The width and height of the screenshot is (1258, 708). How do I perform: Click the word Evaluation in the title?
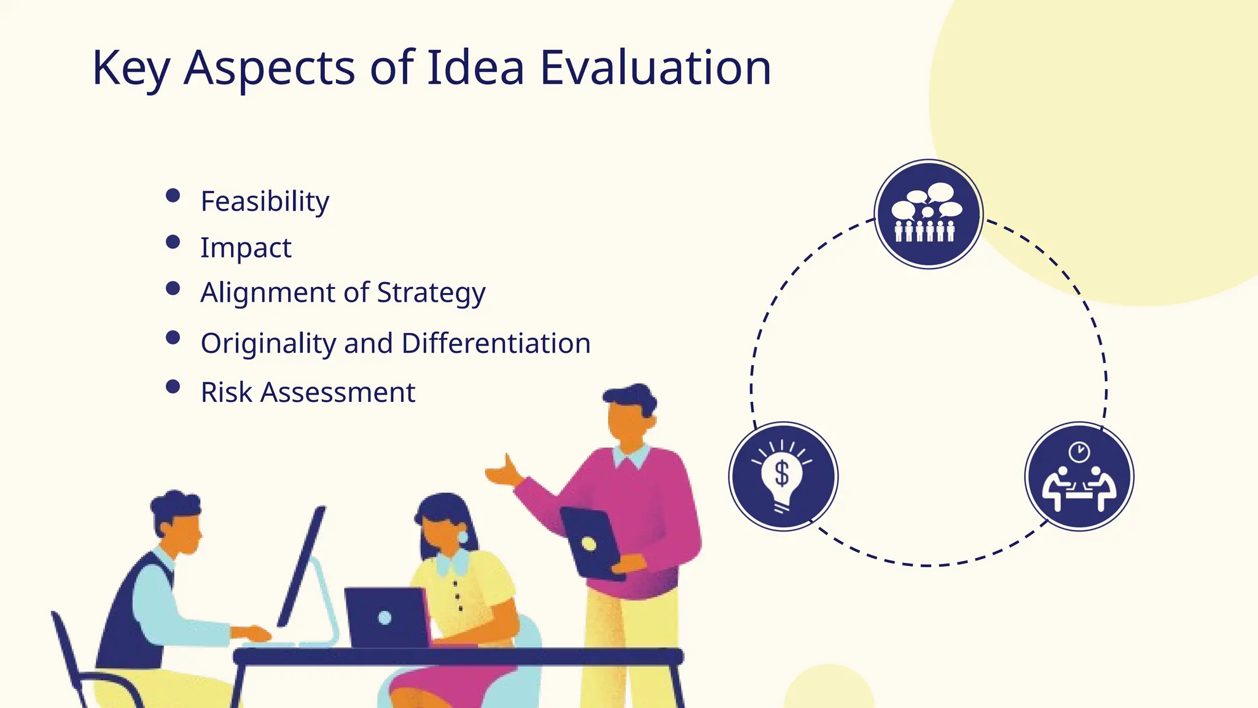tap(655, 68)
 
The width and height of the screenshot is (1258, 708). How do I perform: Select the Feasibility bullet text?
tap(265, 202)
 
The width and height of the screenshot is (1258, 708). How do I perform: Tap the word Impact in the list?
tap(246, 248)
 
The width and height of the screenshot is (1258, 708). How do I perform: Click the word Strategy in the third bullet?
tap(431, 293)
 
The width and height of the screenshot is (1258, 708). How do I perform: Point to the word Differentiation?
tap(496, 344)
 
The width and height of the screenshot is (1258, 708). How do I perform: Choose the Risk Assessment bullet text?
tap(308, 393)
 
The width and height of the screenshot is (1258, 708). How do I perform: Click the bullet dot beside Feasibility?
tap(173, 195)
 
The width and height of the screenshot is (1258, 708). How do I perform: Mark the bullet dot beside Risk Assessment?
tap(173, 387)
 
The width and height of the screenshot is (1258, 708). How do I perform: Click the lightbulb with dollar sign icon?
tap(783, 477)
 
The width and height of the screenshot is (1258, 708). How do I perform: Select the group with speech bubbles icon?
tap(928, 214)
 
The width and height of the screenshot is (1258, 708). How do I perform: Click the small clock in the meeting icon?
tap(1079, 452)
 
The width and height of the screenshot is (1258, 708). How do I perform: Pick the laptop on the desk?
tap(386, 617)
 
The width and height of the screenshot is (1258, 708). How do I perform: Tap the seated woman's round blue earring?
tap(462, 537)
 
